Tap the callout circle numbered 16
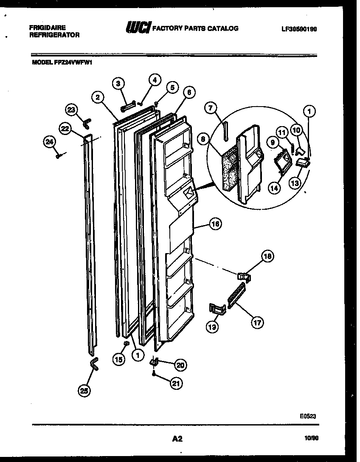point(215,224)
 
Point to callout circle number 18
point(267,256)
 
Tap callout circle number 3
point(120,83)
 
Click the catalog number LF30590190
point(299,29)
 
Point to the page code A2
point(177,439)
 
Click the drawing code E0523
point(308,417)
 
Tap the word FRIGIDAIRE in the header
point(47,26)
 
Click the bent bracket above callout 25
point(94,364)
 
